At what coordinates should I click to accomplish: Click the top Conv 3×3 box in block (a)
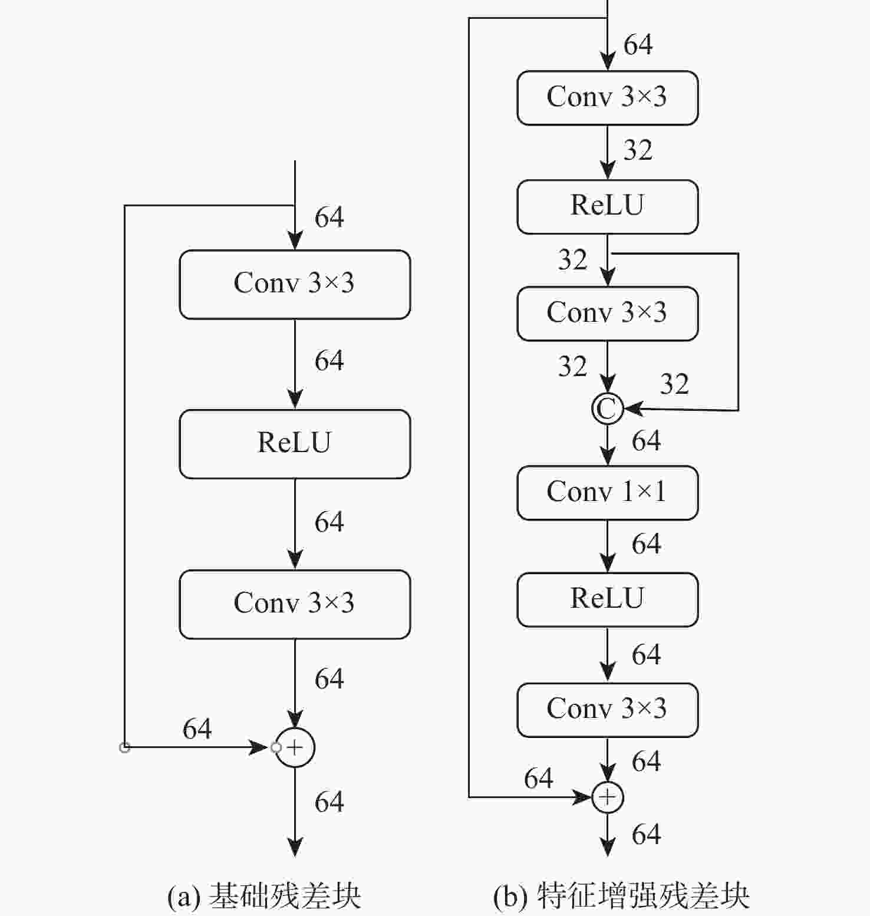pyautogui.click(x=295, y=284)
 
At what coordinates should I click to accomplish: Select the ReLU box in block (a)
pyautogui.click(x=295, y=443)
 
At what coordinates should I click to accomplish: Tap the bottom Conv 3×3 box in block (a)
pyautogui.click(x=295, y=604)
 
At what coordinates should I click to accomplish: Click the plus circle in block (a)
pyautogui.click(x=295, y=747)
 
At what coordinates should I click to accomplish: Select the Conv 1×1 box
pyautogui.click(x=607, y=492)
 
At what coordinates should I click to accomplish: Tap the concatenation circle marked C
pyautogui.click(x=607, y=408)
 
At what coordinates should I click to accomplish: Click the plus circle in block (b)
pyautogui.click(x=607, y=797)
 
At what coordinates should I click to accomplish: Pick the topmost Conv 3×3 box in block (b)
pyautogui.click(x=607, y=98)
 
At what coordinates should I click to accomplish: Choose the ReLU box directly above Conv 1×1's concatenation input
pyautogui.click(x=607, y=206)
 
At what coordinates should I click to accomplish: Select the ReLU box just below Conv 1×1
pyautogui.click(x=607, y=599)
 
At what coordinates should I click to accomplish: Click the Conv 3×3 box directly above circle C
pyautogui.click(x=607, y=313)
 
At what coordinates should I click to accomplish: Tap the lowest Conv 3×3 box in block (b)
pyautogui.click(x=607, y=709)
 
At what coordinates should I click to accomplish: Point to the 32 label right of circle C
pyautogui.click(x=674, y=384)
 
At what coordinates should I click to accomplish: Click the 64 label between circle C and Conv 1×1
pyautogui.click(x=646, y=441)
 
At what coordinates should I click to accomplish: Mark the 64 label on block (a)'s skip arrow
pyautogui.click(x=197, y=729)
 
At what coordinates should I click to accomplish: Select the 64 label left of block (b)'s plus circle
pyautogui.click(x=538, y=779)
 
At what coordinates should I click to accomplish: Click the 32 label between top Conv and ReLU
pyautogui.click(x=638, y=150)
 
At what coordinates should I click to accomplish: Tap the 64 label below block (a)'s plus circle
pyautogui.click(x=329, y=802)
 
